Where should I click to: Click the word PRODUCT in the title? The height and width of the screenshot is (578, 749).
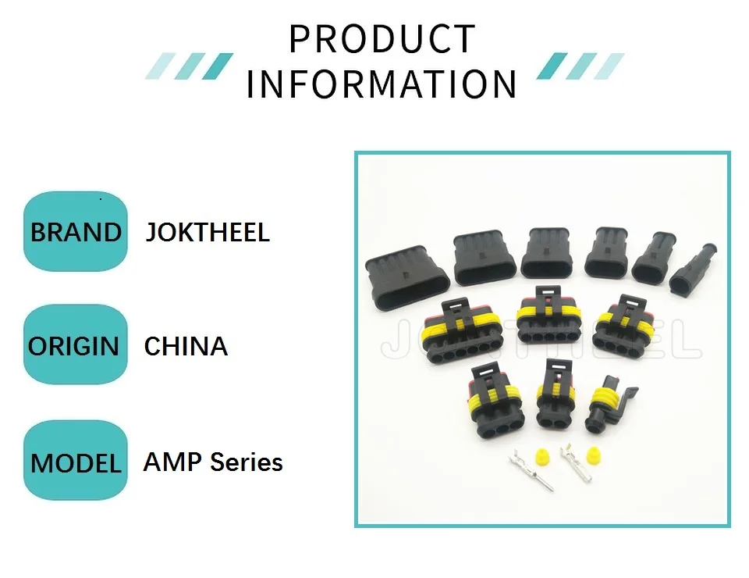pyautogui.click(x=382, y=39)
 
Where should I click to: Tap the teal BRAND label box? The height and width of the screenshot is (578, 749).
pyautogui.click(x=76, y=232)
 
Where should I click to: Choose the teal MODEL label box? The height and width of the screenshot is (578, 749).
pyautogui.click(x=76, y=462)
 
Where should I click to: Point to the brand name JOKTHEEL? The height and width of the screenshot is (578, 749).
pyautogui.click(x=208, y=232)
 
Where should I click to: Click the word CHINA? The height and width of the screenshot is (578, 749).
pyautogui.click(x=186, y=346)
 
